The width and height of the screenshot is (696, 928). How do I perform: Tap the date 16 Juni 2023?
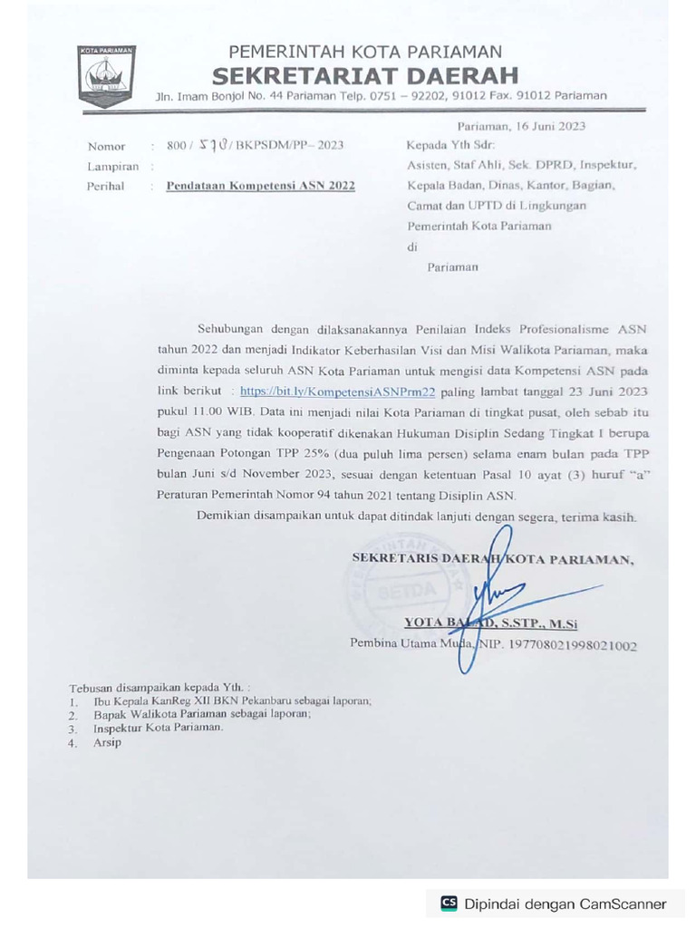545,126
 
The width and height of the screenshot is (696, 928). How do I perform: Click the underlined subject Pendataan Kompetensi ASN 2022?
260,186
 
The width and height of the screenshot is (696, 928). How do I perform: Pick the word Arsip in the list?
107,742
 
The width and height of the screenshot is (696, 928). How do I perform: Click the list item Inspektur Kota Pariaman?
158,728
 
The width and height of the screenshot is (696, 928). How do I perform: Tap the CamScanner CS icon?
449,903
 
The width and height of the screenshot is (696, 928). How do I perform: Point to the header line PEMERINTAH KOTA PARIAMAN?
365,52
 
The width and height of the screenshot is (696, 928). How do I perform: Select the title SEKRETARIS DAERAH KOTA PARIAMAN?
492,559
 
